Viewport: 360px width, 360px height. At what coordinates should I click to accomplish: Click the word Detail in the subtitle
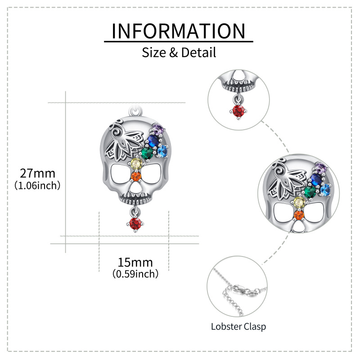point(199,53)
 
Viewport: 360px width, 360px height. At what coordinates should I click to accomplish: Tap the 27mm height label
point(37,173)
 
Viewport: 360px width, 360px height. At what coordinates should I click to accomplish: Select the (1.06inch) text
point(37,184)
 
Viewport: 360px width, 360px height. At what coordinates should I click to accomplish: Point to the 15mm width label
point(135,262)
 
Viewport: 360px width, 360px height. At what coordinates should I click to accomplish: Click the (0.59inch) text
point(135,273)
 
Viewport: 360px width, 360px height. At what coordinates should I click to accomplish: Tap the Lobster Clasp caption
point(238,326)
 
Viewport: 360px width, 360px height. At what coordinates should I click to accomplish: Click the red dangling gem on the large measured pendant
point(135,223)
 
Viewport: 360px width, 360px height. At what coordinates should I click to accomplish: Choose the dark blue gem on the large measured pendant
point(154,141)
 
